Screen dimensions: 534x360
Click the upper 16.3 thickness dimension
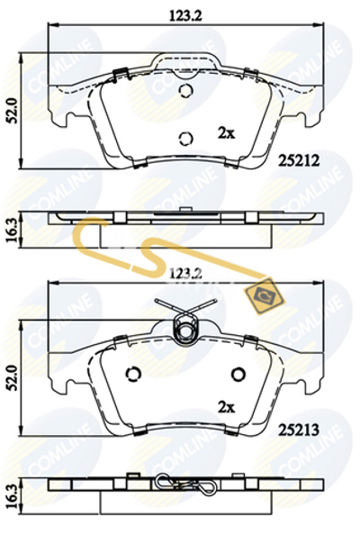(x=12, y=225)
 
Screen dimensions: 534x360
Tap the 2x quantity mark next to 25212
(x=225, y=132)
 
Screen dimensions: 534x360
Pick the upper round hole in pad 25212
(x=185, y=92)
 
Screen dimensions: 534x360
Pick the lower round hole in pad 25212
(x=185, y=138)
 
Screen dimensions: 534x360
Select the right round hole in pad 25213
(x=238, y=375)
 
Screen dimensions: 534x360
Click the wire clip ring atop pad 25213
(x=185, y=331)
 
